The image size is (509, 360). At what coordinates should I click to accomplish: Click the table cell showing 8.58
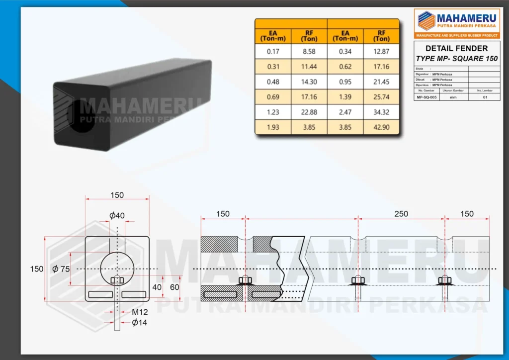309,51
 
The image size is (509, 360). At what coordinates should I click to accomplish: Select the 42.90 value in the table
382,127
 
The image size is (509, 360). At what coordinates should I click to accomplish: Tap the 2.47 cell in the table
345,112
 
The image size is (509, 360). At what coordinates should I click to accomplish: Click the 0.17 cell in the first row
273,51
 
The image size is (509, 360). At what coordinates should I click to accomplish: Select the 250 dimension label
401,214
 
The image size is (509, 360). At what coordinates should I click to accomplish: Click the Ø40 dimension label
117,215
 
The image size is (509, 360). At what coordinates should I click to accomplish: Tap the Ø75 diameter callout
61,269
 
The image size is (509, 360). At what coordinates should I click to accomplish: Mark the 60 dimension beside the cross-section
174,287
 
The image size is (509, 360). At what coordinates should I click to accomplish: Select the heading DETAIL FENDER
456,48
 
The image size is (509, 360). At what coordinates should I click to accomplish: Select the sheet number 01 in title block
484,97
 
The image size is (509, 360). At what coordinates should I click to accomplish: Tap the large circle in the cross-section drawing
117,269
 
